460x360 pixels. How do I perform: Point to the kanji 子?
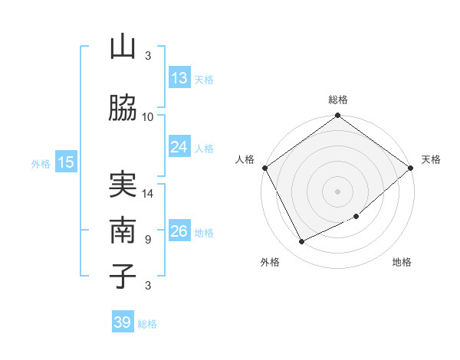[x=123, y=276]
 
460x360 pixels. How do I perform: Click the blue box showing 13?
[x=179, y=78]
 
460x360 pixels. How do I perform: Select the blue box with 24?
[x=179, y=147]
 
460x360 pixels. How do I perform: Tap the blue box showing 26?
[x=179, y=231]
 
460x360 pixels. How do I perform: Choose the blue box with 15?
[x=66, y=162]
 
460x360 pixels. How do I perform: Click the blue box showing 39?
[x=123, y=322]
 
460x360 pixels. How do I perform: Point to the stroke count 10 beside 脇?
[x=148, y=116]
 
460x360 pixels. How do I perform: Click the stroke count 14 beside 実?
[x=148, y=194]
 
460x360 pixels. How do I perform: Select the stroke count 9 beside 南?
[x=148, y=239]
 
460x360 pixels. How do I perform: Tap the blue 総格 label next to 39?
[x=147, y=324]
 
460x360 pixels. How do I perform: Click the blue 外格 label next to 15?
[x=41, y=163]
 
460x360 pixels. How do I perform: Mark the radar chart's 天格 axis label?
[x=431, y=159]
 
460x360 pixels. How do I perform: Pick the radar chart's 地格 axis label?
[x=402, y=262]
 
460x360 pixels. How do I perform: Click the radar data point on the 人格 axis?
[x=264, y=168]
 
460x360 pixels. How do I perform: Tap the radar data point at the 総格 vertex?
[x=338, y=116]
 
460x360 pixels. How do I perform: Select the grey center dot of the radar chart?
[x=338, y=191]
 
